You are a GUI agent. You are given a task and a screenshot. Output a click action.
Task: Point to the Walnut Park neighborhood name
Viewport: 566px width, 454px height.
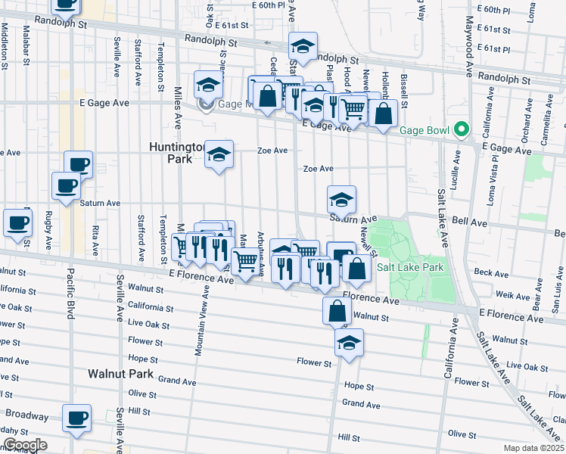pyautogui.click(x=120, y=374)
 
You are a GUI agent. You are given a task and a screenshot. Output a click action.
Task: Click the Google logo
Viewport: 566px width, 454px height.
pyautogui.click(x=25, y=445)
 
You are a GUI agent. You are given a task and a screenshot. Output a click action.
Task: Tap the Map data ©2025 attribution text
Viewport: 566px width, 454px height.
pyautogui.click(x=533, y=448)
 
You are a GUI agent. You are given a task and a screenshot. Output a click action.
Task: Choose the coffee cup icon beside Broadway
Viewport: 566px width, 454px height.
pyautogui.click(x=77, y=418)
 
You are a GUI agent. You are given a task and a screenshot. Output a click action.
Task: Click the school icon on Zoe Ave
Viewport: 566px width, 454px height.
pyautogui.click(x=219, y=156)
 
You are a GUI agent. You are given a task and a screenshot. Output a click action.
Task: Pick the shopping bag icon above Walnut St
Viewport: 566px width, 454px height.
pyautogui.click(x=337, y=310)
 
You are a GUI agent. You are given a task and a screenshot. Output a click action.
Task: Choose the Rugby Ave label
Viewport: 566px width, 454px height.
pyautogui.click(x=49, y=230)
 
